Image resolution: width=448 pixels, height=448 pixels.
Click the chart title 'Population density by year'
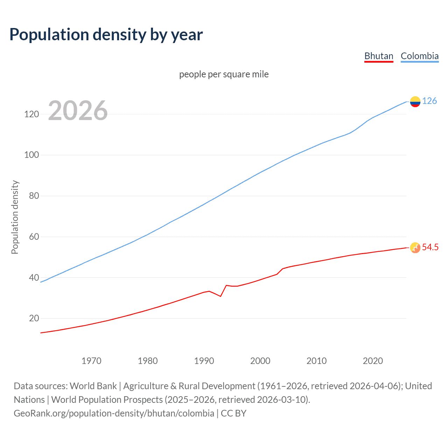point(106,34)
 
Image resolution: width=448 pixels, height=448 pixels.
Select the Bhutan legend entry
point(379,56)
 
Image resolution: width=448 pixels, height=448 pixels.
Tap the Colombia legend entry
point(419,56)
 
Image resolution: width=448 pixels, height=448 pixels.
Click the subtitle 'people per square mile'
point(224,74)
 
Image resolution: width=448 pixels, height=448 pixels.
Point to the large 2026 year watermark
point(78,111)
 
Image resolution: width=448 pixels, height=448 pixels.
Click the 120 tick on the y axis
point(31,114)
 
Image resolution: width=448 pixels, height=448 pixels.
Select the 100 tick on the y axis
point(31,155)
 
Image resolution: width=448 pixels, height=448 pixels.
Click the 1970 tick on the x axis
point(91,361)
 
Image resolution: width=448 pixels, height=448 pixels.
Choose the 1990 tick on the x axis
point(204,361)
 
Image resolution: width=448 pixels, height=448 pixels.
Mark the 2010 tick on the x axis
point(316,361)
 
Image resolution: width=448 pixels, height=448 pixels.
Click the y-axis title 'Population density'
point(15,217)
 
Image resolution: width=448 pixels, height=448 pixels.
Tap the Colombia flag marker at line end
point(415,101)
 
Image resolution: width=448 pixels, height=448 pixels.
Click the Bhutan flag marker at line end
point(415,248)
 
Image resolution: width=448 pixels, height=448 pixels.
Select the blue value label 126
point(429,101)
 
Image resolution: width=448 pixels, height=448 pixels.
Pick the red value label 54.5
point(430,247)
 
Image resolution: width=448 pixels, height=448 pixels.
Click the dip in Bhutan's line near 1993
point(220,296)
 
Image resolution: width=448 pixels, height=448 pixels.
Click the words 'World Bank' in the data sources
point(93,386)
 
